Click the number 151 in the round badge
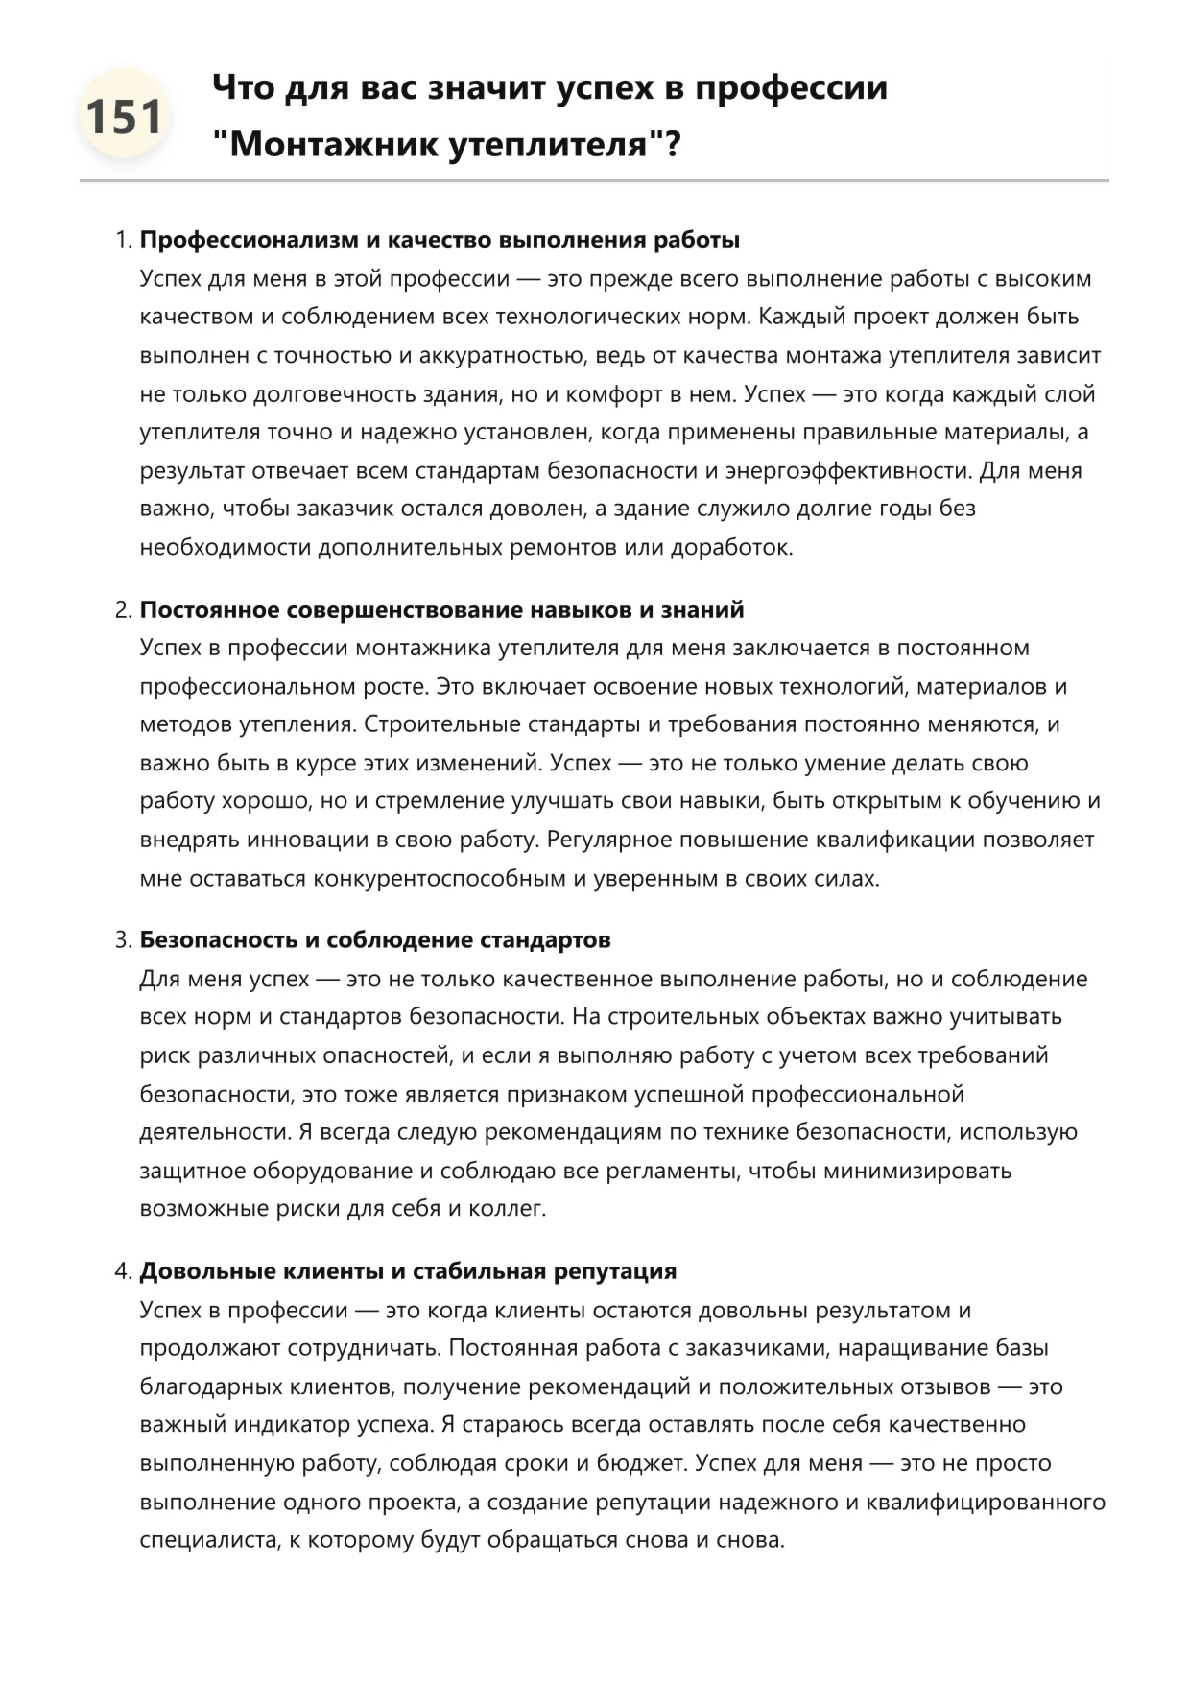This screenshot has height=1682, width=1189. click(x=124, y=116)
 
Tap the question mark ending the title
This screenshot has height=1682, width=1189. click(x=672, y=145)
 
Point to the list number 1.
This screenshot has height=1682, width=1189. click(x=122, y=240)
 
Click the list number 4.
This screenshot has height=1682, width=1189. click(x=122, y=1271)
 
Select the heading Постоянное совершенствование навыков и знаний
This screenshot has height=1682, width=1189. click(x=441, y=610)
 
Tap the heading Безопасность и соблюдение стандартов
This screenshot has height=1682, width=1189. click(x=375, y=940)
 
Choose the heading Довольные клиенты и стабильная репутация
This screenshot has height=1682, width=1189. click(x=408, y=1271)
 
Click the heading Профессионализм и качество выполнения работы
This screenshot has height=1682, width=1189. click(x=440, y=240)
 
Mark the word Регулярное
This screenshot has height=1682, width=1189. click(x=608, y=841)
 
